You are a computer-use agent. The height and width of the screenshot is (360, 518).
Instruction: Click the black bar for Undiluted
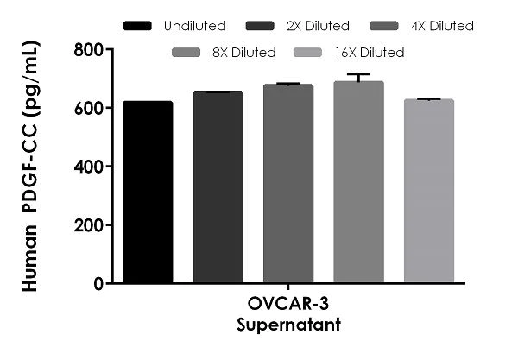[147, 192]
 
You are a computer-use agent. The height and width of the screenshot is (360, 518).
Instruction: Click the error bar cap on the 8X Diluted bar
[359, 74]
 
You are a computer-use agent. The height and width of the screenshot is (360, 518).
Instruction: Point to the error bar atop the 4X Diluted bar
[288, 84]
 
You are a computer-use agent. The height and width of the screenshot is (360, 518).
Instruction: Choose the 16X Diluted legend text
[370, 53]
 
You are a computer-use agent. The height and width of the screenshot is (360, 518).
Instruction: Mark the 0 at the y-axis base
[92, 283]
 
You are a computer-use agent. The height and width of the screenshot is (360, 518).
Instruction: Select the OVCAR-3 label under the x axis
[287, 307]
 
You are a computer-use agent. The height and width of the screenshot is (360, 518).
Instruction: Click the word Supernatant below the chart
[287, 325]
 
